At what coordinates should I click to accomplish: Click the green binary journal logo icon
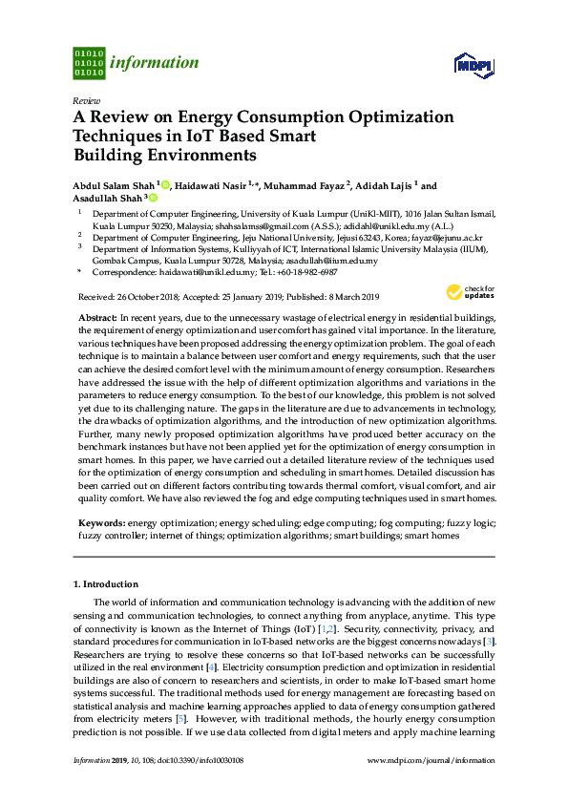[88, 63]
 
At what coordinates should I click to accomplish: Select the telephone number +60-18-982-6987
[305, 272]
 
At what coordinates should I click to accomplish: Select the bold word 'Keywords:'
[100, 524]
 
